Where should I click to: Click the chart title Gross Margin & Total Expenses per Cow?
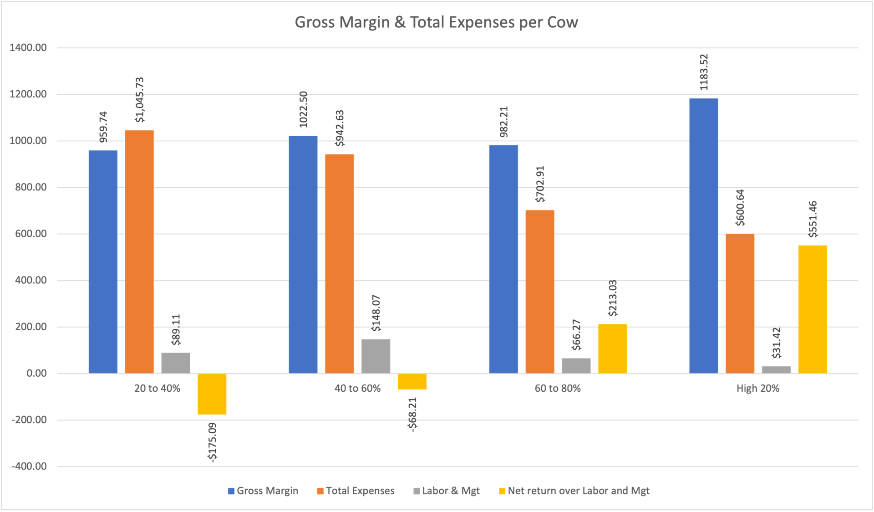pos(436,22)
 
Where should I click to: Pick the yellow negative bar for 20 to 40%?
pos(212,394)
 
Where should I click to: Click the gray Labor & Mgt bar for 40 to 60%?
pos(376,356)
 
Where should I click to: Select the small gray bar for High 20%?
pos(776,369)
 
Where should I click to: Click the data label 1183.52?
pos(704,72)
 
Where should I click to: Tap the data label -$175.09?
pos(212,442)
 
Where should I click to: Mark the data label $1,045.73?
pos(139,100)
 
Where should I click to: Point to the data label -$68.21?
pos(412,415)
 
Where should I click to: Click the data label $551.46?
pos(813,219)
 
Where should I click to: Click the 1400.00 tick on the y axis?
pos(28,48)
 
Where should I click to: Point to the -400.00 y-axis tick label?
pos(29,466)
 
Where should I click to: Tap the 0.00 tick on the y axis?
pos(36,374)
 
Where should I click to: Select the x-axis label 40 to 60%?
pos(357,389)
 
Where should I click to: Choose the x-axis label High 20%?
pos(758,389)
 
